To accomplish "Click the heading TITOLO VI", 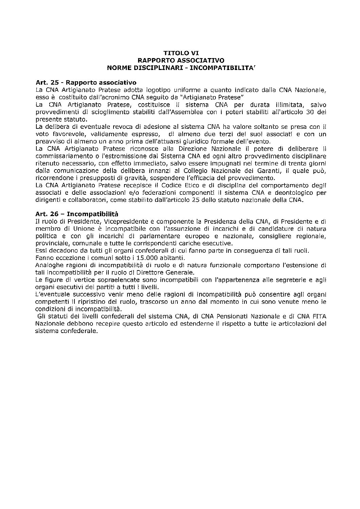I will [x=181, y=53].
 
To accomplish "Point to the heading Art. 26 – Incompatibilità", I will [x=76, y=214].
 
